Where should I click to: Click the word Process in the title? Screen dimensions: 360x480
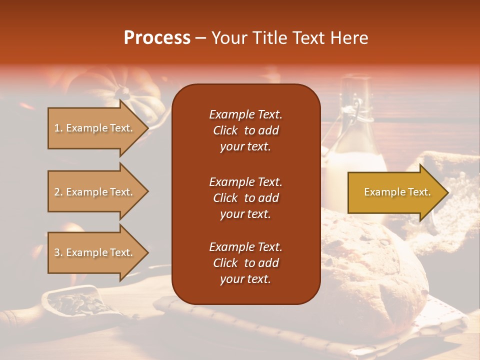pyautogui.click(x=157, y=38)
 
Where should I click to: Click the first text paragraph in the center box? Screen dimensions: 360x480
pyautogui.click(x=245, y=130)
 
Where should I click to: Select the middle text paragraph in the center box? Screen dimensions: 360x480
pyautogui.click(x=245, y=198)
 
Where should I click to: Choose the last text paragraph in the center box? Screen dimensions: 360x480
pyautogui.click(x=245, y=263)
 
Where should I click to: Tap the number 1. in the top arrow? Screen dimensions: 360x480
pyautogui.click(x=58, y=128)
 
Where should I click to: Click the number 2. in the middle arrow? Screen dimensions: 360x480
pyautogui.click(x=58, y=192)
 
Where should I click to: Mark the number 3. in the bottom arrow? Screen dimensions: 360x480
pyautogui.click(x=58, y=252)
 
